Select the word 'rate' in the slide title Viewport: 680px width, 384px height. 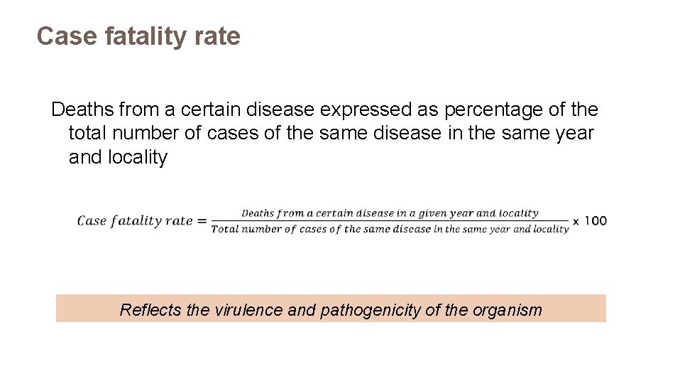click(219, 36)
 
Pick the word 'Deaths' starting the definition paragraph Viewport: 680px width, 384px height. click(82, 110)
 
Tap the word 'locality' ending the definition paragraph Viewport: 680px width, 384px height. click(138, 157)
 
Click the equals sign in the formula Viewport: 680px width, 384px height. click(202, 221)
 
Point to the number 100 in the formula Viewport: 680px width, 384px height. click(596, 220)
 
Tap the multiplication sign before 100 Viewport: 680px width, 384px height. click(576, 221)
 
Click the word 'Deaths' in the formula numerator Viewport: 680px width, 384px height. click(257, 213)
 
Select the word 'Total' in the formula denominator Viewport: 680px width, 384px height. click(225, 229)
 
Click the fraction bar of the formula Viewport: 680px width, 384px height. click(390, 220)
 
